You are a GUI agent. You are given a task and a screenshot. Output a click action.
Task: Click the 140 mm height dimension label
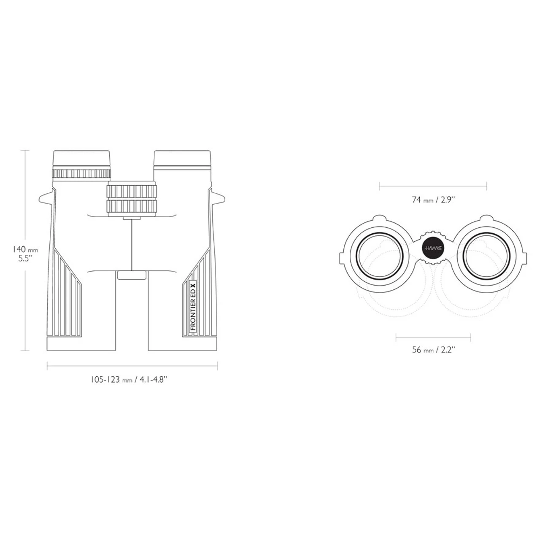25,249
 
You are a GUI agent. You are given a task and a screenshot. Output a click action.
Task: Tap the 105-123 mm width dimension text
129,380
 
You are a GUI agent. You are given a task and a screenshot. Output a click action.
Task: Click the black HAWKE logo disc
433,248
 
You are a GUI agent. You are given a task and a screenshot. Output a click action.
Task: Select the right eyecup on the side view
182,159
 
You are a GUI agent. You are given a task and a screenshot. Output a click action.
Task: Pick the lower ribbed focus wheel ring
132,206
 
